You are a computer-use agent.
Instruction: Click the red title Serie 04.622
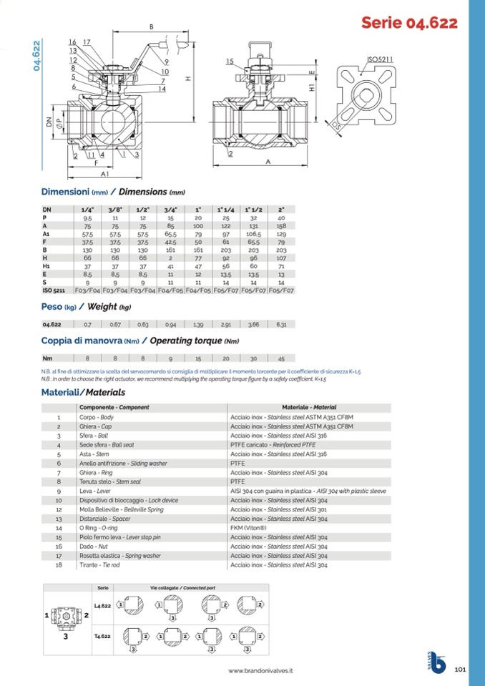(409, 23)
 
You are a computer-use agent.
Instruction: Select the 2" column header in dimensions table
(281, 209)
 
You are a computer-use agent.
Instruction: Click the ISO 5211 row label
(54, 291)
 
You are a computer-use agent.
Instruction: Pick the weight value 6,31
(281, 324)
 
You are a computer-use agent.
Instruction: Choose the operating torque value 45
(281, 358)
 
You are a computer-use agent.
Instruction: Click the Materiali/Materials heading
(83, 393)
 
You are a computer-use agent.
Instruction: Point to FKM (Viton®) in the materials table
(248, 528)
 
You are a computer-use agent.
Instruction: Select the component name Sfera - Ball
(93, 435)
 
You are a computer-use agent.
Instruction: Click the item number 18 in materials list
(59, 565)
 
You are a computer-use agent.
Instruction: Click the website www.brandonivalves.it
(260, 671)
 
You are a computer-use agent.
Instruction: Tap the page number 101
(460, 670)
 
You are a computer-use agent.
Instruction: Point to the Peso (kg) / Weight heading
(86, 307)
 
